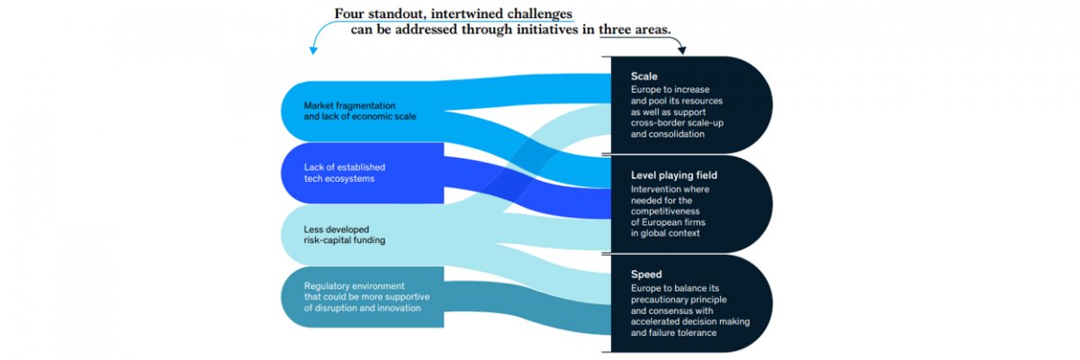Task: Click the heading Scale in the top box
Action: coord(645,77)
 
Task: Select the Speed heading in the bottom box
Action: coord(647,274)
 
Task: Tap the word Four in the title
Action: coord(352,13)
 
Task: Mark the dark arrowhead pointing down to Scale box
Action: coord(681,49)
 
